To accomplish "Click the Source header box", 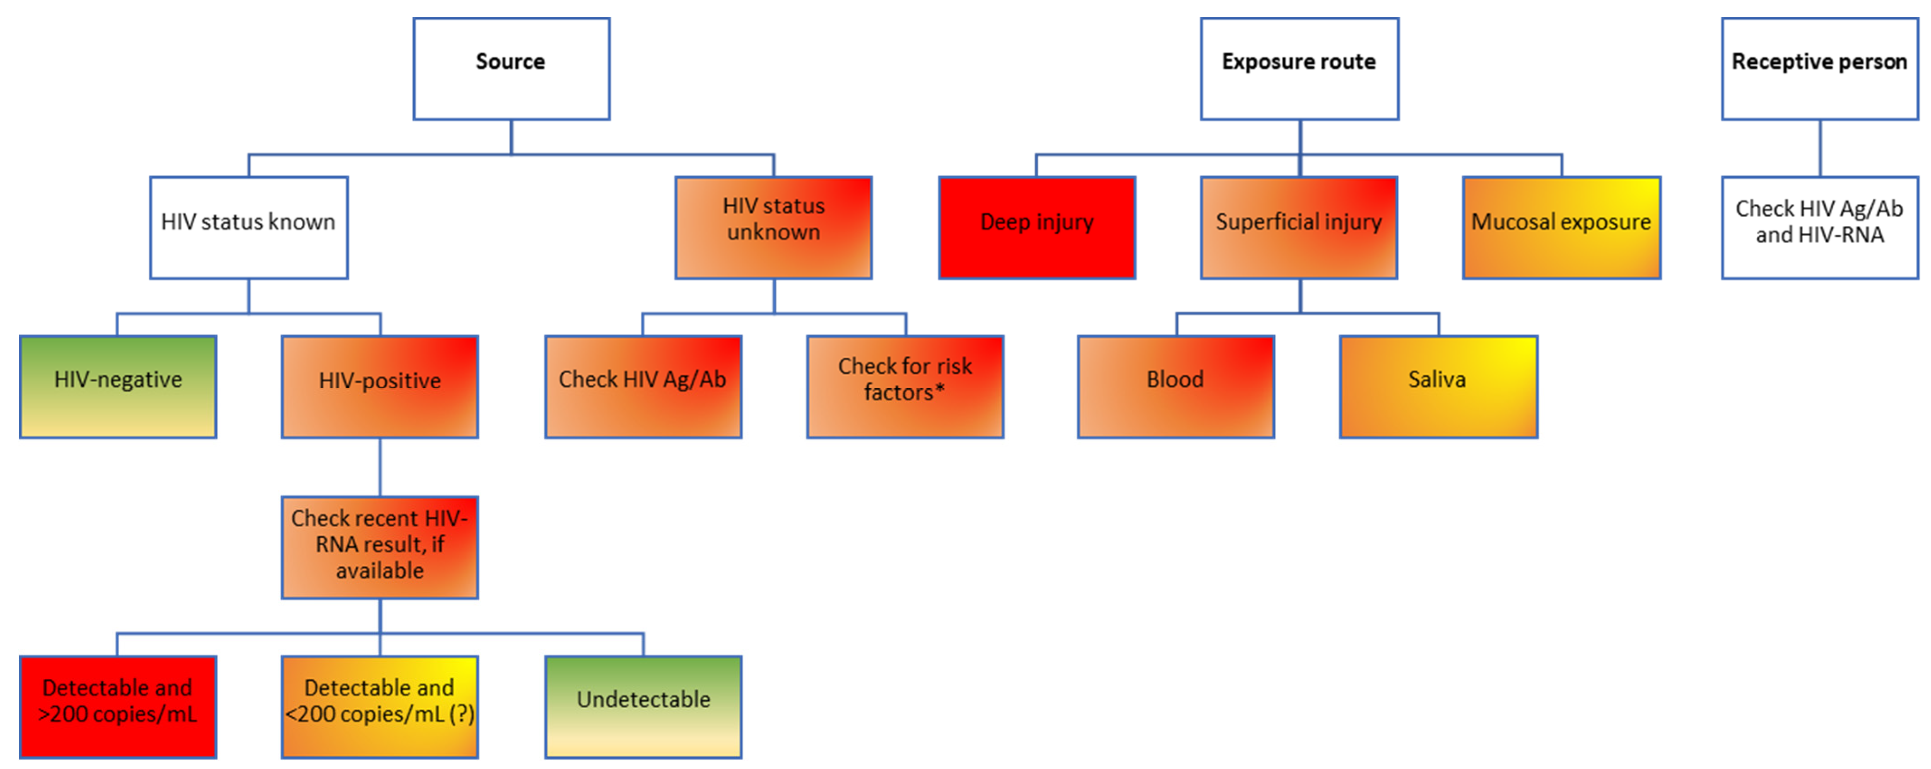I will tap(511, 69).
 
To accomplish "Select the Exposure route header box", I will tap(1299, 69).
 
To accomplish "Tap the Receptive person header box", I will tap(1820, 69).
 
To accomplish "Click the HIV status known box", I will tap(248, 228).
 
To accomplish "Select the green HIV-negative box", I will tap(118, 387).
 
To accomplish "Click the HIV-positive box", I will tap(380, 387).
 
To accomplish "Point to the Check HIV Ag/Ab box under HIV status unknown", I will tap(643, 387).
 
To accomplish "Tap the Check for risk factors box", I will tap(905, 387).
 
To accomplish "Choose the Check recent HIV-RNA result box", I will tap(380, 547).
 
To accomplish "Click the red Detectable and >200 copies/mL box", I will tap(118, 707).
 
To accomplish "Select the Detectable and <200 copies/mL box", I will tap(380, 707).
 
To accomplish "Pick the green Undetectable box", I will tap(643, 707).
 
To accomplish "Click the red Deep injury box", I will tap(1037, 228).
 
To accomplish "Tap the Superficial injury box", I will tap(1299, 228).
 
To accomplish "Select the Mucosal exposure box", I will tap(1561, 228).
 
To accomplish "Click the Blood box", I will tap(1176, 387).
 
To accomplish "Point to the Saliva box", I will tap(1438, 387).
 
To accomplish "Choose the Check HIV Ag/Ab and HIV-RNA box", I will tap(1820, 228).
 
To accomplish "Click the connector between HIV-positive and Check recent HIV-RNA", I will tap(380, 467).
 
